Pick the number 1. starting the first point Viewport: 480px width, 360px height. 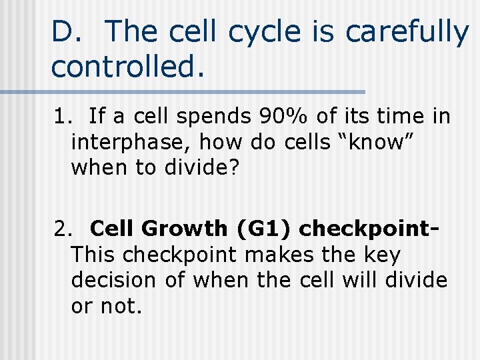tap(63, 117)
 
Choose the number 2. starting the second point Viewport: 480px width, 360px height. tap(63, 229)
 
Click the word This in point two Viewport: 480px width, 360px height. tap(94, 255)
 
